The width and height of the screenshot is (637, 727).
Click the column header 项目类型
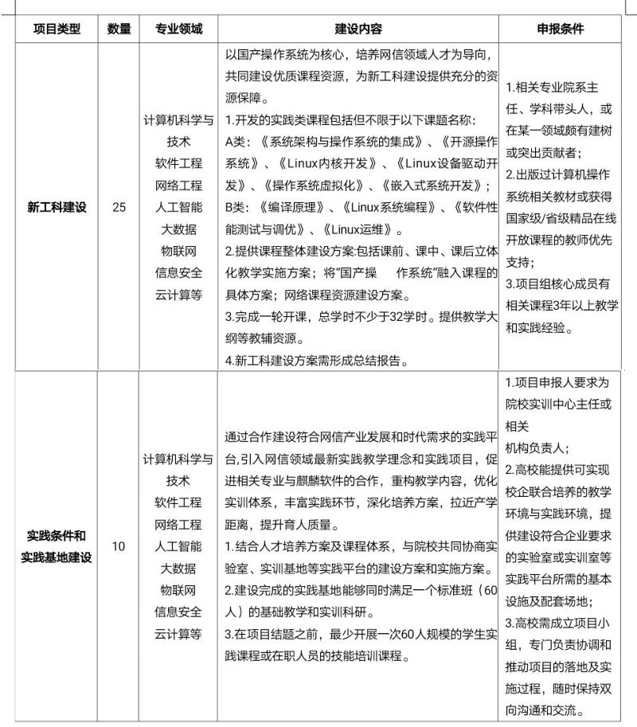57,29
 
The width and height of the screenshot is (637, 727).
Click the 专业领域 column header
178,29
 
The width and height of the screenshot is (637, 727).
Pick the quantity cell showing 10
119,546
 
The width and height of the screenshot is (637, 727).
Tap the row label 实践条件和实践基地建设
57,546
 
